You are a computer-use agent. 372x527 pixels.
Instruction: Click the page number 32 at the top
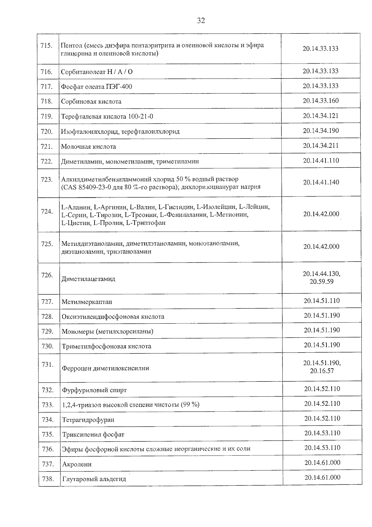tap(201, 21)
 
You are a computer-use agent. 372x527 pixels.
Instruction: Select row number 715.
tap(46, 46)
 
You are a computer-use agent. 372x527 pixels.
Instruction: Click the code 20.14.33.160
tap(321, 101)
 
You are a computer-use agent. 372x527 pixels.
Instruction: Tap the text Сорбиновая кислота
tap(91, 101)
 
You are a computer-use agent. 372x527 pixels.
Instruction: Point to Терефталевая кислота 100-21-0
tap(107, 117)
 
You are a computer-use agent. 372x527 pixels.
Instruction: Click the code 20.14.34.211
tap(321, 146)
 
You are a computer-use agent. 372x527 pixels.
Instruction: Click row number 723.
tap(47, 179)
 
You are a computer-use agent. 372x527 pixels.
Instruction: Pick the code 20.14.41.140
tap(321, 182)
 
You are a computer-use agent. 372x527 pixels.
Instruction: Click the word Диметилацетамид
tap(88, 279)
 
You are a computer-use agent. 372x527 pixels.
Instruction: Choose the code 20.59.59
tap(321, 282)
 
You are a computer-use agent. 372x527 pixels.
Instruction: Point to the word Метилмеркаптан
tap(87, 302)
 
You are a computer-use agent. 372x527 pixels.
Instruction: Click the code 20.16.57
tap(322, 371)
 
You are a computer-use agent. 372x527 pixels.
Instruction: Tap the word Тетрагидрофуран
tap(88, 420)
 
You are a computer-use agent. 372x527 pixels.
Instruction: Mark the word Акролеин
tap(77, 464)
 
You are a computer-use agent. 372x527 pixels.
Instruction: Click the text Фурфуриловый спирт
tap(94, 390)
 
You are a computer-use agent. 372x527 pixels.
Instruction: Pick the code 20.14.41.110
tap(321, 160)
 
